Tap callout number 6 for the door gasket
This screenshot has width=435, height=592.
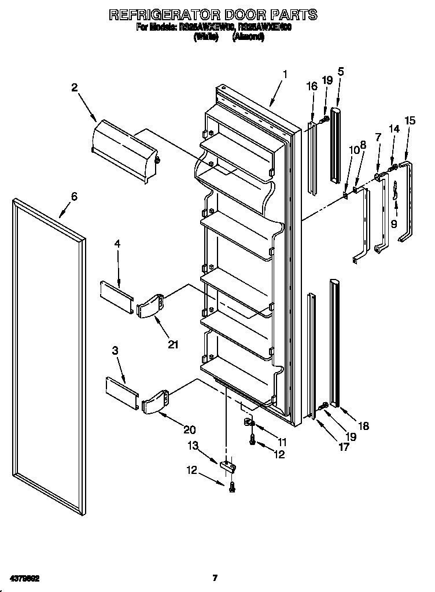[73, 196]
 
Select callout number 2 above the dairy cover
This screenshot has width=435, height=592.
[75, 87]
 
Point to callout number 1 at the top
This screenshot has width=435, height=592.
[285, 75]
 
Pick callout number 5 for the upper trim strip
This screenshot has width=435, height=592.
[341, 72]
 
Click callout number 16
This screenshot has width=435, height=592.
[311, 86]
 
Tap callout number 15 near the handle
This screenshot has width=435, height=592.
[410, 120]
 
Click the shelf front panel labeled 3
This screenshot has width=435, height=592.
[122, 387]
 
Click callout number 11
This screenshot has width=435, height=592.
[281, 442]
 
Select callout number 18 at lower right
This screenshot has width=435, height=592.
[363, 426]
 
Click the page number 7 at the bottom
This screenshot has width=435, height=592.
[215, 578]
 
